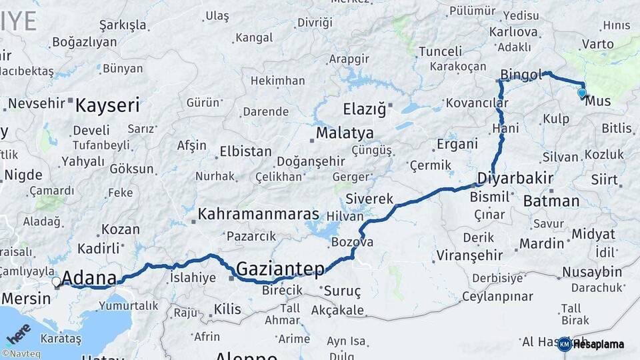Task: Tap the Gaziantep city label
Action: [280, 269]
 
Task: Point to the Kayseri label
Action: [107, 105]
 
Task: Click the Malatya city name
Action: [345, 133]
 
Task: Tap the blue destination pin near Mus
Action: [582, 93]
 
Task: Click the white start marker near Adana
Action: [57, 281]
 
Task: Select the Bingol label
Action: [521, 75]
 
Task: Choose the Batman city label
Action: [551, 201]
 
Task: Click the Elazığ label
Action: [364, 109]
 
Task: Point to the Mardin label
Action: [542, 243]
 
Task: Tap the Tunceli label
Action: [441, 51]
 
